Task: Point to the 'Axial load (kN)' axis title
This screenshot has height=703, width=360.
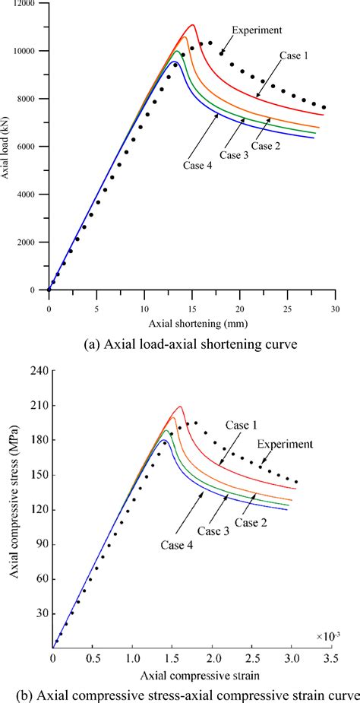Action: click(7, 147)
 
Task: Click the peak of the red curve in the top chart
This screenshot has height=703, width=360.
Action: click(193, 25)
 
